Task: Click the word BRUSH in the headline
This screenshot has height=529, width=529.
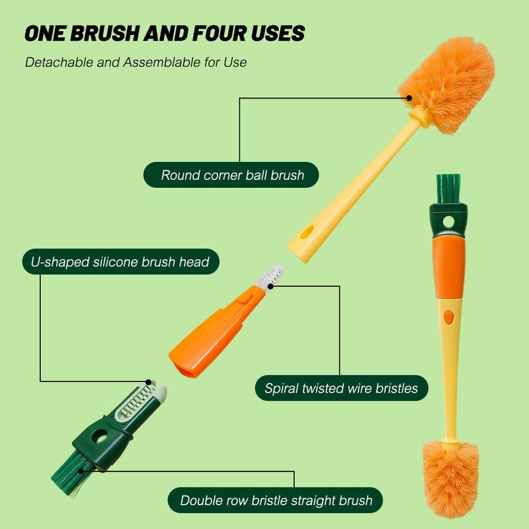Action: pos(104,34)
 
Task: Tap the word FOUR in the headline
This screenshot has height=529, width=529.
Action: pos(220,34)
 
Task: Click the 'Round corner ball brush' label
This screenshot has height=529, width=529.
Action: pos(231,175)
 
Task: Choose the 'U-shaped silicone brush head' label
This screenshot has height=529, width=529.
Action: pos(121,262)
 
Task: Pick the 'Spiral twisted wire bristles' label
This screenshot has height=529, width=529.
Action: pos(341,388)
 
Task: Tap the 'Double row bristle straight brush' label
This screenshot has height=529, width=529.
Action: pos(275,501)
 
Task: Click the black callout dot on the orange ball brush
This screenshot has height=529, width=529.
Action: pos(409,98)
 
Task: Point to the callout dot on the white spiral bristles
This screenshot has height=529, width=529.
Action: pos(270,286)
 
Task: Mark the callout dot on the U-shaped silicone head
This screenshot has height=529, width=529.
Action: pos(148,382)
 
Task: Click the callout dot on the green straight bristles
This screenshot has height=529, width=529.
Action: pos(81,471)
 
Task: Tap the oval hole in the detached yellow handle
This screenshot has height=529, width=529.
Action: pos(307,232)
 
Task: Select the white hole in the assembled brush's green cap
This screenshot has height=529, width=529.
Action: pos(448,222)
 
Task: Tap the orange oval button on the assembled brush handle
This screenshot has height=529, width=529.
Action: pos(449,317)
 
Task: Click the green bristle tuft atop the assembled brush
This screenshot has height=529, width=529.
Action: pos(448,188)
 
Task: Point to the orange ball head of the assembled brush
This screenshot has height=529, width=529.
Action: pos(450,479)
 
